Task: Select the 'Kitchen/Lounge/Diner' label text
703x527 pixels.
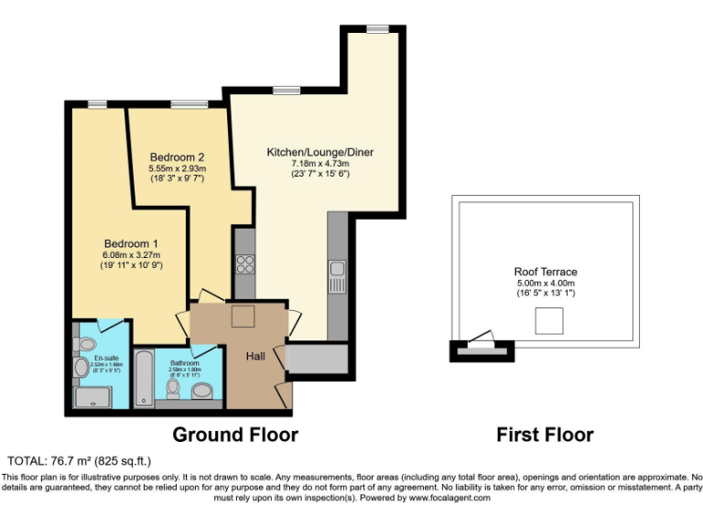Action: point(319,152)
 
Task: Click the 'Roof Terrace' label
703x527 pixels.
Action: point(546,272)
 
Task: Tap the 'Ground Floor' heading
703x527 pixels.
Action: point(234,434)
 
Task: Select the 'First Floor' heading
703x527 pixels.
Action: point(545,434)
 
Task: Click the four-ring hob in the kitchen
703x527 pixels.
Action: point(245,264)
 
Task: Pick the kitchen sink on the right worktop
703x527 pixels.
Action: point(337,268)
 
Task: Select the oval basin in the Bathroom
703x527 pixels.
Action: point(203,392)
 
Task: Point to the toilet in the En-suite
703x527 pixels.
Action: point(81,367)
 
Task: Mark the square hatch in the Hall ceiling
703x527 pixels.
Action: point(243,317)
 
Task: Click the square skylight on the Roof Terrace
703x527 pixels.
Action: point(548,320)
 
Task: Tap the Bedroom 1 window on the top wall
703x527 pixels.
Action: point(95,103)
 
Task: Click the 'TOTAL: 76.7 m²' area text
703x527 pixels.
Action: point(78,460)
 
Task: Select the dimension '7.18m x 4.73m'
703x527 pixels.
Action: point(319,163)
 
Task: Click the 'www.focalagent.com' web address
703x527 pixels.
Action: point(449,499)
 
